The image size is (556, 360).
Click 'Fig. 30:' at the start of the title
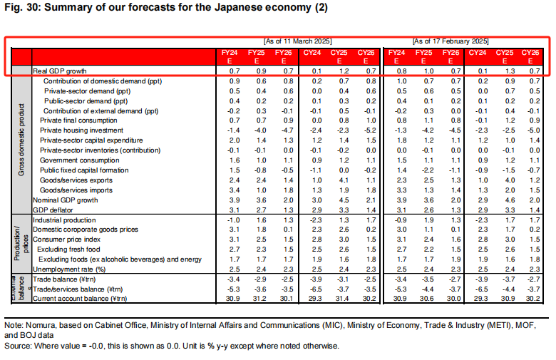[18, 8]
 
